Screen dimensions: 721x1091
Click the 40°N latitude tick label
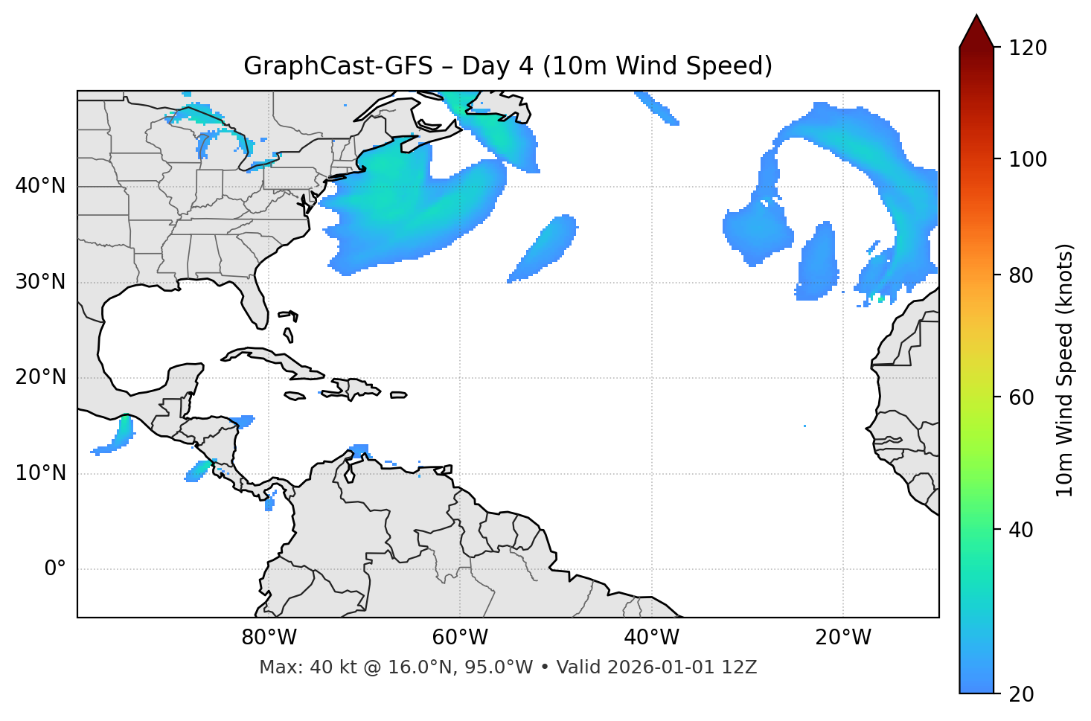40,186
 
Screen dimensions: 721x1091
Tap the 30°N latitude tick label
40,282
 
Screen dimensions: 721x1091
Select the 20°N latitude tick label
40,377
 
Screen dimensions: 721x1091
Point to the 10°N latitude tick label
40,473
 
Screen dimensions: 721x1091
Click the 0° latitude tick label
54,569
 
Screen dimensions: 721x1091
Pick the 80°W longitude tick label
269,638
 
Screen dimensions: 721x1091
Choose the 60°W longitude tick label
460,638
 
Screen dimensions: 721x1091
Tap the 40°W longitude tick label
651,638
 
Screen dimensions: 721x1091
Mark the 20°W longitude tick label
842,638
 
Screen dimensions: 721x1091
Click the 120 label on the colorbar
1028,48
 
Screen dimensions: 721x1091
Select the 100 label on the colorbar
1028,159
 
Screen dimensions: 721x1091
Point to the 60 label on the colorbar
1022,397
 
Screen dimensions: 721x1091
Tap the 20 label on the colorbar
1022,694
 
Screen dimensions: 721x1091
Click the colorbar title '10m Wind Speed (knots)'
1065,370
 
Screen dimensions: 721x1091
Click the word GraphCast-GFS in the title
338,66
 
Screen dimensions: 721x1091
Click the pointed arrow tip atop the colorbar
976,18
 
